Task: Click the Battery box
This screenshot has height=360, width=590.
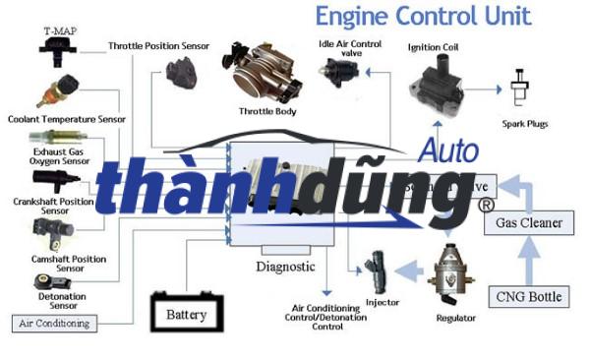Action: (186, 314)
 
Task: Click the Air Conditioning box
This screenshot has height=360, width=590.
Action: (54, 323)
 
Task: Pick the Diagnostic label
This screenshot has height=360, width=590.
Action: (285, 267)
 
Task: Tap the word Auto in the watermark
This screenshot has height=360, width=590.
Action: (449, 150)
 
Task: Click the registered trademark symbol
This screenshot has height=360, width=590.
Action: (485, 206)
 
